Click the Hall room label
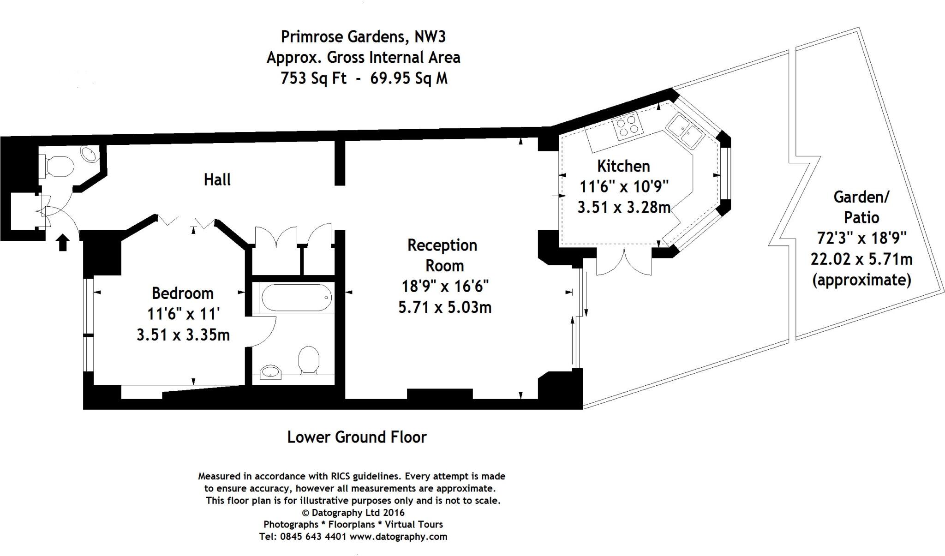tap(217, 179)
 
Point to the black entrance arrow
tap(63, 242)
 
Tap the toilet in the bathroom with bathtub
tap(309, 360)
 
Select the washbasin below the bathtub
tap(271, 371)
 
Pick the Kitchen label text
tap(623, 166)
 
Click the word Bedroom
tap(183, 293)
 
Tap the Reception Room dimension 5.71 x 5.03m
tap(445, 307)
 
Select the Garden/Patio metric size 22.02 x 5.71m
tap(861, 259)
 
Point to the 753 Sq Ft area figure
tap(313, 78)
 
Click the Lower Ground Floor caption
tap(357, 437)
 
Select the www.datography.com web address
tap(398, 537)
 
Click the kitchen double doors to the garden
tap(624, 263)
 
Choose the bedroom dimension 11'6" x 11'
tap(183, 314)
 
